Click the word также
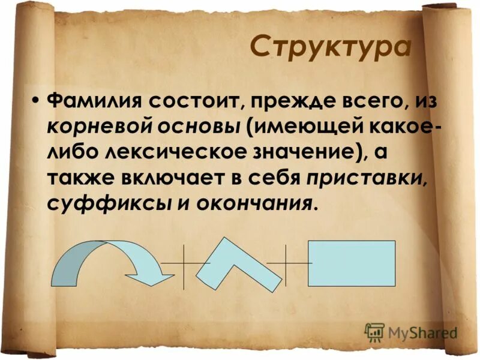pyautogui.click(x=78, y=178)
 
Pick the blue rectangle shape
pyautogui.click(x=352, y=263)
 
